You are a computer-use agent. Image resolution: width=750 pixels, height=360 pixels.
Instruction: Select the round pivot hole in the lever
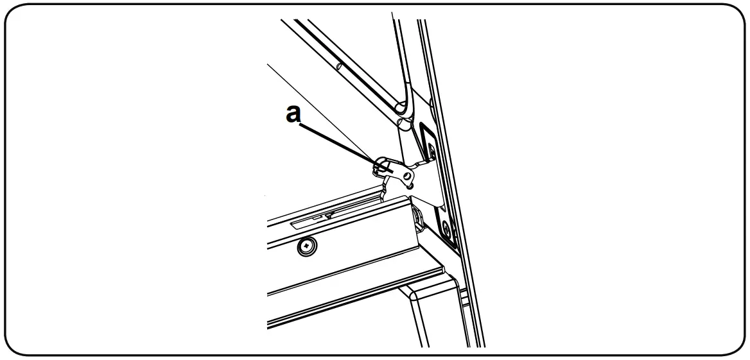[406, 174]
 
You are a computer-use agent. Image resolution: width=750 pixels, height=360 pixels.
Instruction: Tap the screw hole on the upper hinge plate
[431, 151]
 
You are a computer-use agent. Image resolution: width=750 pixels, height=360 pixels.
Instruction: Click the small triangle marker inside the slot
[328, 216]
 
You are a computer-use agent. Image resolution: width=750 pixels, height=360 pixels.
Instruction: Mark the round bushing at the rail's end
[417, 218]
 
